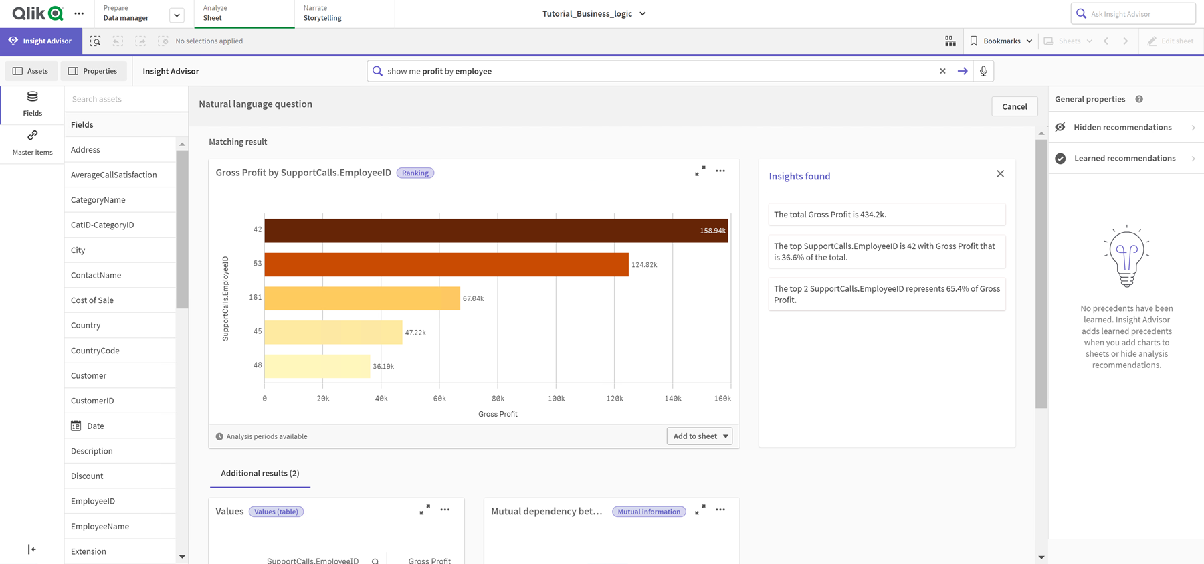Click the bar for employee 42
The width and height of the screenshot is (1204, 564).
tap(495, 231)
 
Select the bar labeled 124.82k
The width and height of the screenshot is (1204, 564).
tap(446, 264)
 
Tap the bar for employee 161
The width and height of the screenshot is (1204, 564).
tap(362, 298)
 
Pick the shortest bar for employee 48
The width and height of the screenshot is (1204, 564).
tap(317, 366)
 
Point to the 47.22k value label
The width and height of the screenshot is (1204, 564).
tap(415, 333)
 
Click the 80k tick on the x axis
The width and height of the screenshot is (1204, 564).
tap(498, 399)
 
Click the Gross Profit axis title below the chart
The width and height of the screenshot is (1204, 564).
tap(498, 414)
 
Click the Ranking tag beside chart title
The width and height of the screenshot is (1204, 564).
tap(415, 173)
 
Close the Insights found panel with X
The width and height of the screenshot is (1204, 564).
tap(1000, 174)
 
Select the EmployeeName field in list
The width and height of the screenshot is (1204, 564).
tap(100, 527)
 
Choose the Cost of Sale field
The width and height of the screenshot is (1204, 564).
tap(92, 300)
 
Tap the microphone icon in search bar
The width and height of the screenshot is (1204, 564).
tap(983, 71)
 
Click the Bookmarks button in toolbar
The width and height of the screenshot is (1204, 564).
tap(1001, 41)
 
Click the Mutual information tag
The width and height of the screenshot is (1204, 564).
tap(648, 512)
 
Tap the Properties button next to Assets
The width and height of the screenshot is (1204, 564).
tap(93, 71)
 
